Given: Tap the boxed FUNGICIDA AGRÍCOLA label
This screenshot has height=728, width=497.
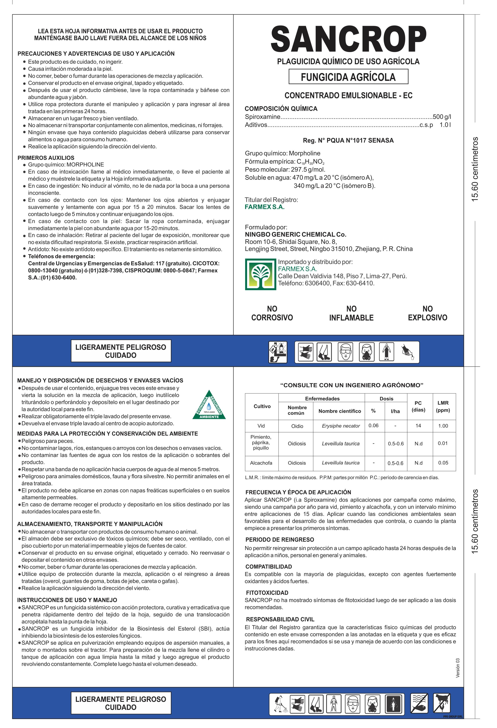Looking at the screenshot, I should pyautogui.click(x=348, y=77).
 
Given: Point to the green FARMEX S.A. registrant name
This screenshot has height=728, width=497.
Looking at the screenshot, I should pyautogui.click(x=265, y=207).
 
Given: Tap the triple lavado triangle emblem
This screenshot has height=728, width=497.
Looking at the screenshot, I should pyautogui.click(x=209, y=405).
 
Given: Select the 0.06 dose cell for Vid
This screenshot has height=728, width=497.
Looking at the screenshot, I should pyautogui.click(x=373, y=425).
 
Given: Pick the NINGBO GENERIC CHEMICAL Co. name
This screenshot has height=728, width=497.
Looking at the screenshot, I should pyautogui.click(x=295, y=234).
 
